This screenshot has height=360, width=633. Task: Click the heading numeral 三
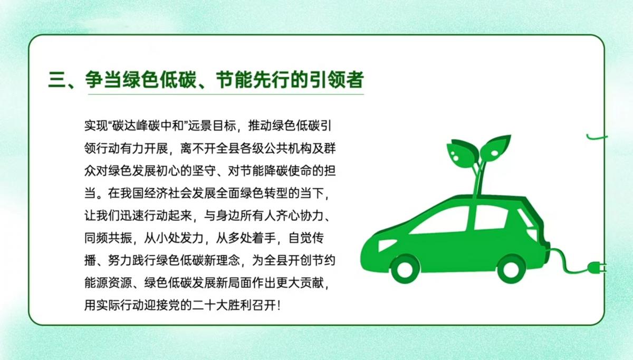pos(58,80)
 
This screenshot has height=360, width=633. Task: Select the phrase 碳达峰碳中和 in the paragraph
pos(148,126)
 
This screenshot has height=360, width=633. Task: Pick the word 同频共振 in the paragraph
pos(108,238)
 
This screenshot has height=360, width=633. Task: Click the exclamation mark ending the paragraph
pos(279,306)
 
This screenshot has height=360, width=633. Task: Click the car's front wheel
pos(405,269)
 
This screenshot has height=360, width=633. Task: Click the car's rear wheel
pos(511,269)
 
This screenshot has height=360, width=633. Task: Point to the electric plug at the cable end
pos(597,267)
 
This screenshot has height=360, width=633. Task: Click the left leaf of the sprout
pos(462,153)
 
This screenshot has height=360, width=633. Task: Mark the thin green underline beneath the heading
pos(226,94)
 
